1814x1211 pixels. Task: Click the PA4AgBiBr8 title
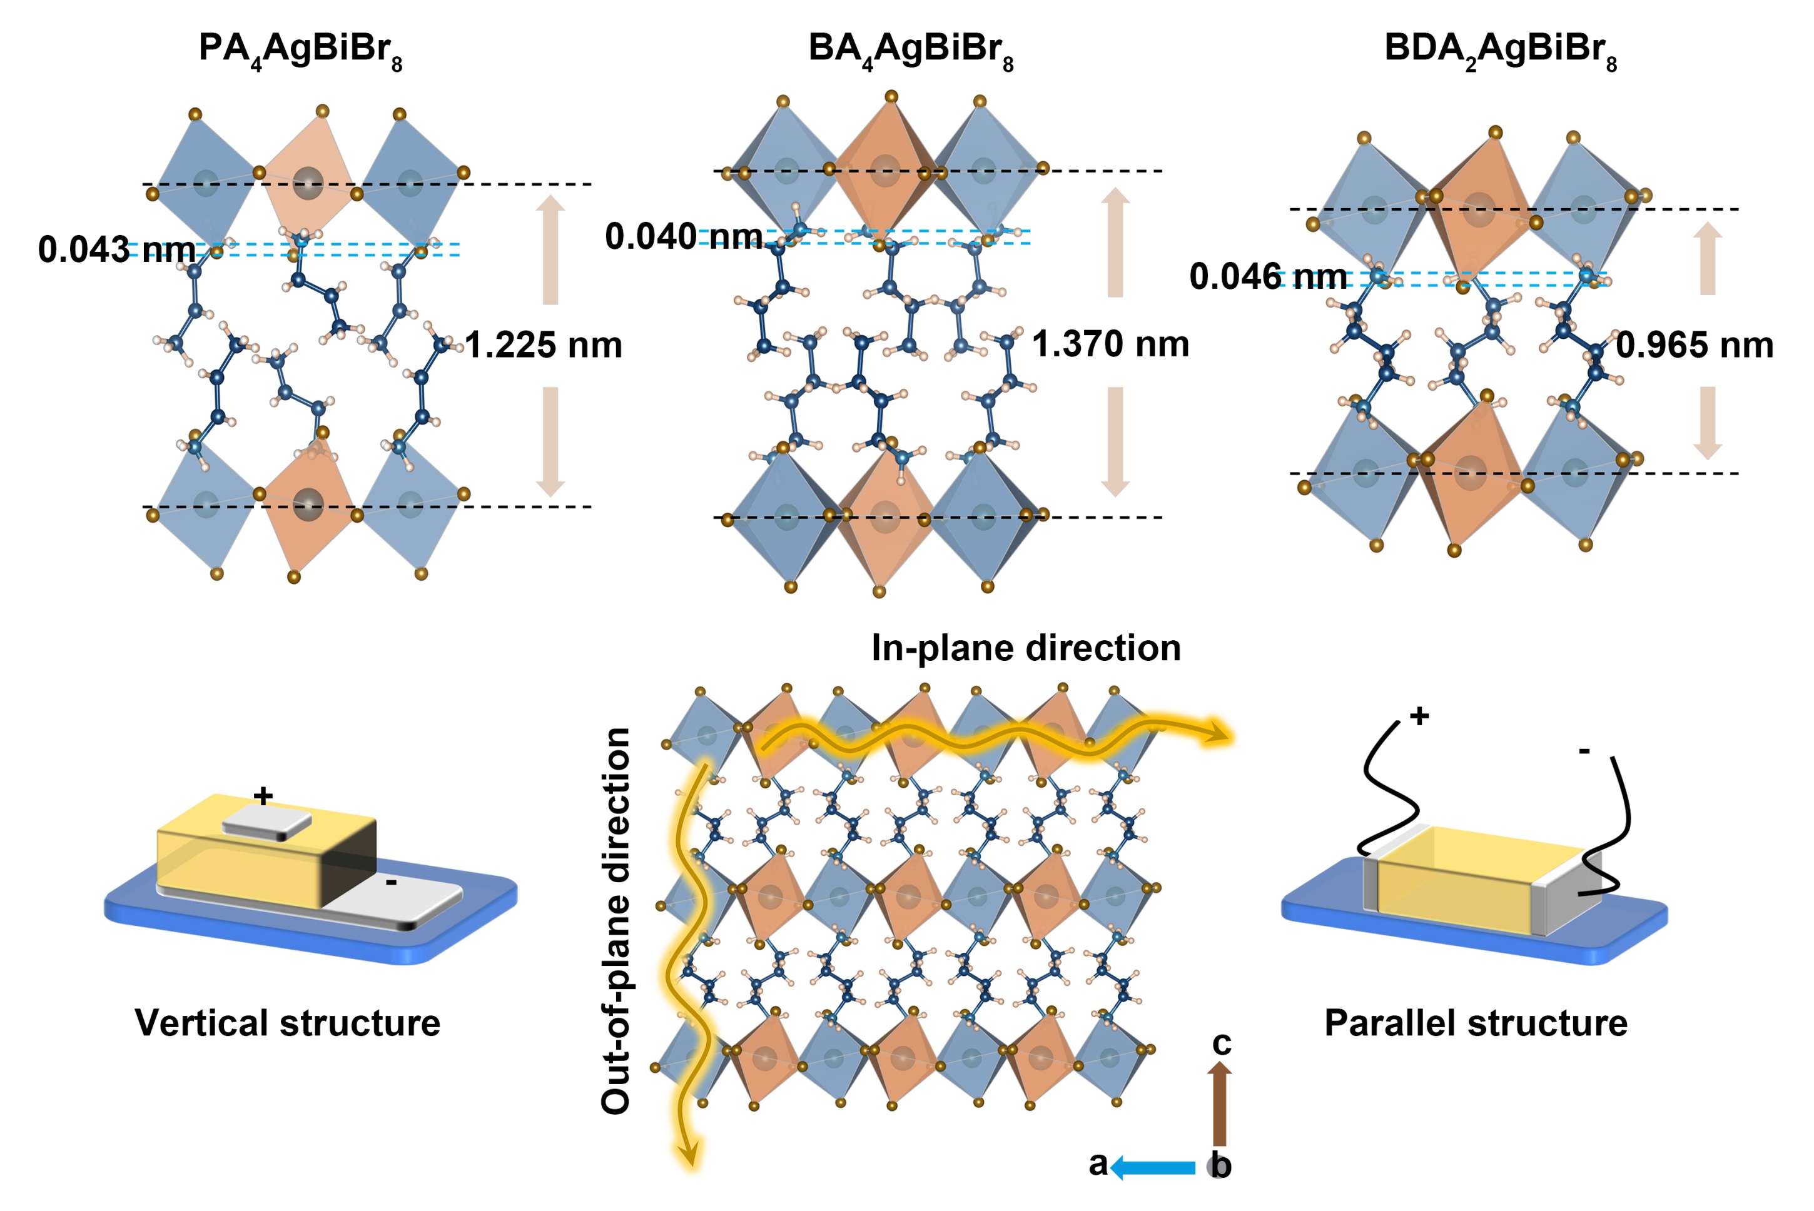tap(300, 50)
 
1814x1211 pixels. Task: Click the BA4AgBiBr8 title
tap(910, 50)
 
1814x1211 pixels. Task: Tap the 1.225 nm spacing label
tap(543, 345)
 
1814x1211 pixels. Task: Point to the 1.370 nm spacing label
tap(1110, 344)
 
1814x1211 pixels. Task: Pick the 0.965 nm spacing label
tap(1695, 345)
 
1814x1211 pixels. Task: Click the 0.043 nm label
tap(116, 249)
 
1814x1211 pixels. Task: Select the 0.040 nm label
tap(684, 236)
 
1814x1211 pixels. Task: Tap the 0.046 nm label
tap(1268, 276)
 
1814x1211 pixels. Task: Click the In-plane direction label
tap(1026, 648)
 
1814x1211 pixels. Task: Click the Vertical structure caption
tap(287, 1023)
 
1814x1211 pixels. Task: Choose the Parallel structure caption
tap(1476, 1023)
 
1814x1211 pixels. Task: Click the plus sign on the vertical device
tap(263, 795)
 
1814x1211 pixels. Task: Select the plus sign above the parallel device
tap(1419, 716)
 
